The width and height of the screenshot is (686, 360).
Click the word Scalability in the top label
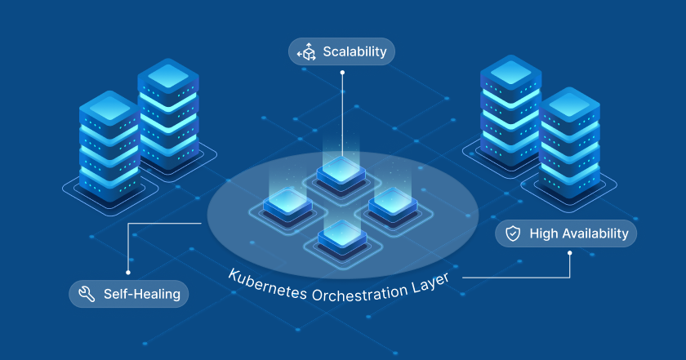point(354,52)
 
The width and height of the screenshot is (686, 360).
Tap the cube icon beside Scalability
point(307,52)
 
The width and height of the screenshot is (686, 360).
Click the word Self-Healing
point(141,294)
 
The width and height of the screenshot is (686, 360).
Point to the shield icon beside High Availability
point(513,234)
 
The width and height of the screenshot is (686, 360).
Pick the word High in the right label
point(543,234)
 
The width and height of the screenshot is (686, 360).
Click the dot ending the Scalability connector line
point(342,73)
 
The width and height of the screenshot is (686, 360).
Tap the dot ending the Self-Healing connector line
point(127,272)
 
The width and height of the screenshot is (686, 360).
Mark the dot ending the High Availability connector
point(570,253)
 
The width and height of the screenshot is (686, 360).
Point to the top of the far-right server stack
point(569,103)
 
